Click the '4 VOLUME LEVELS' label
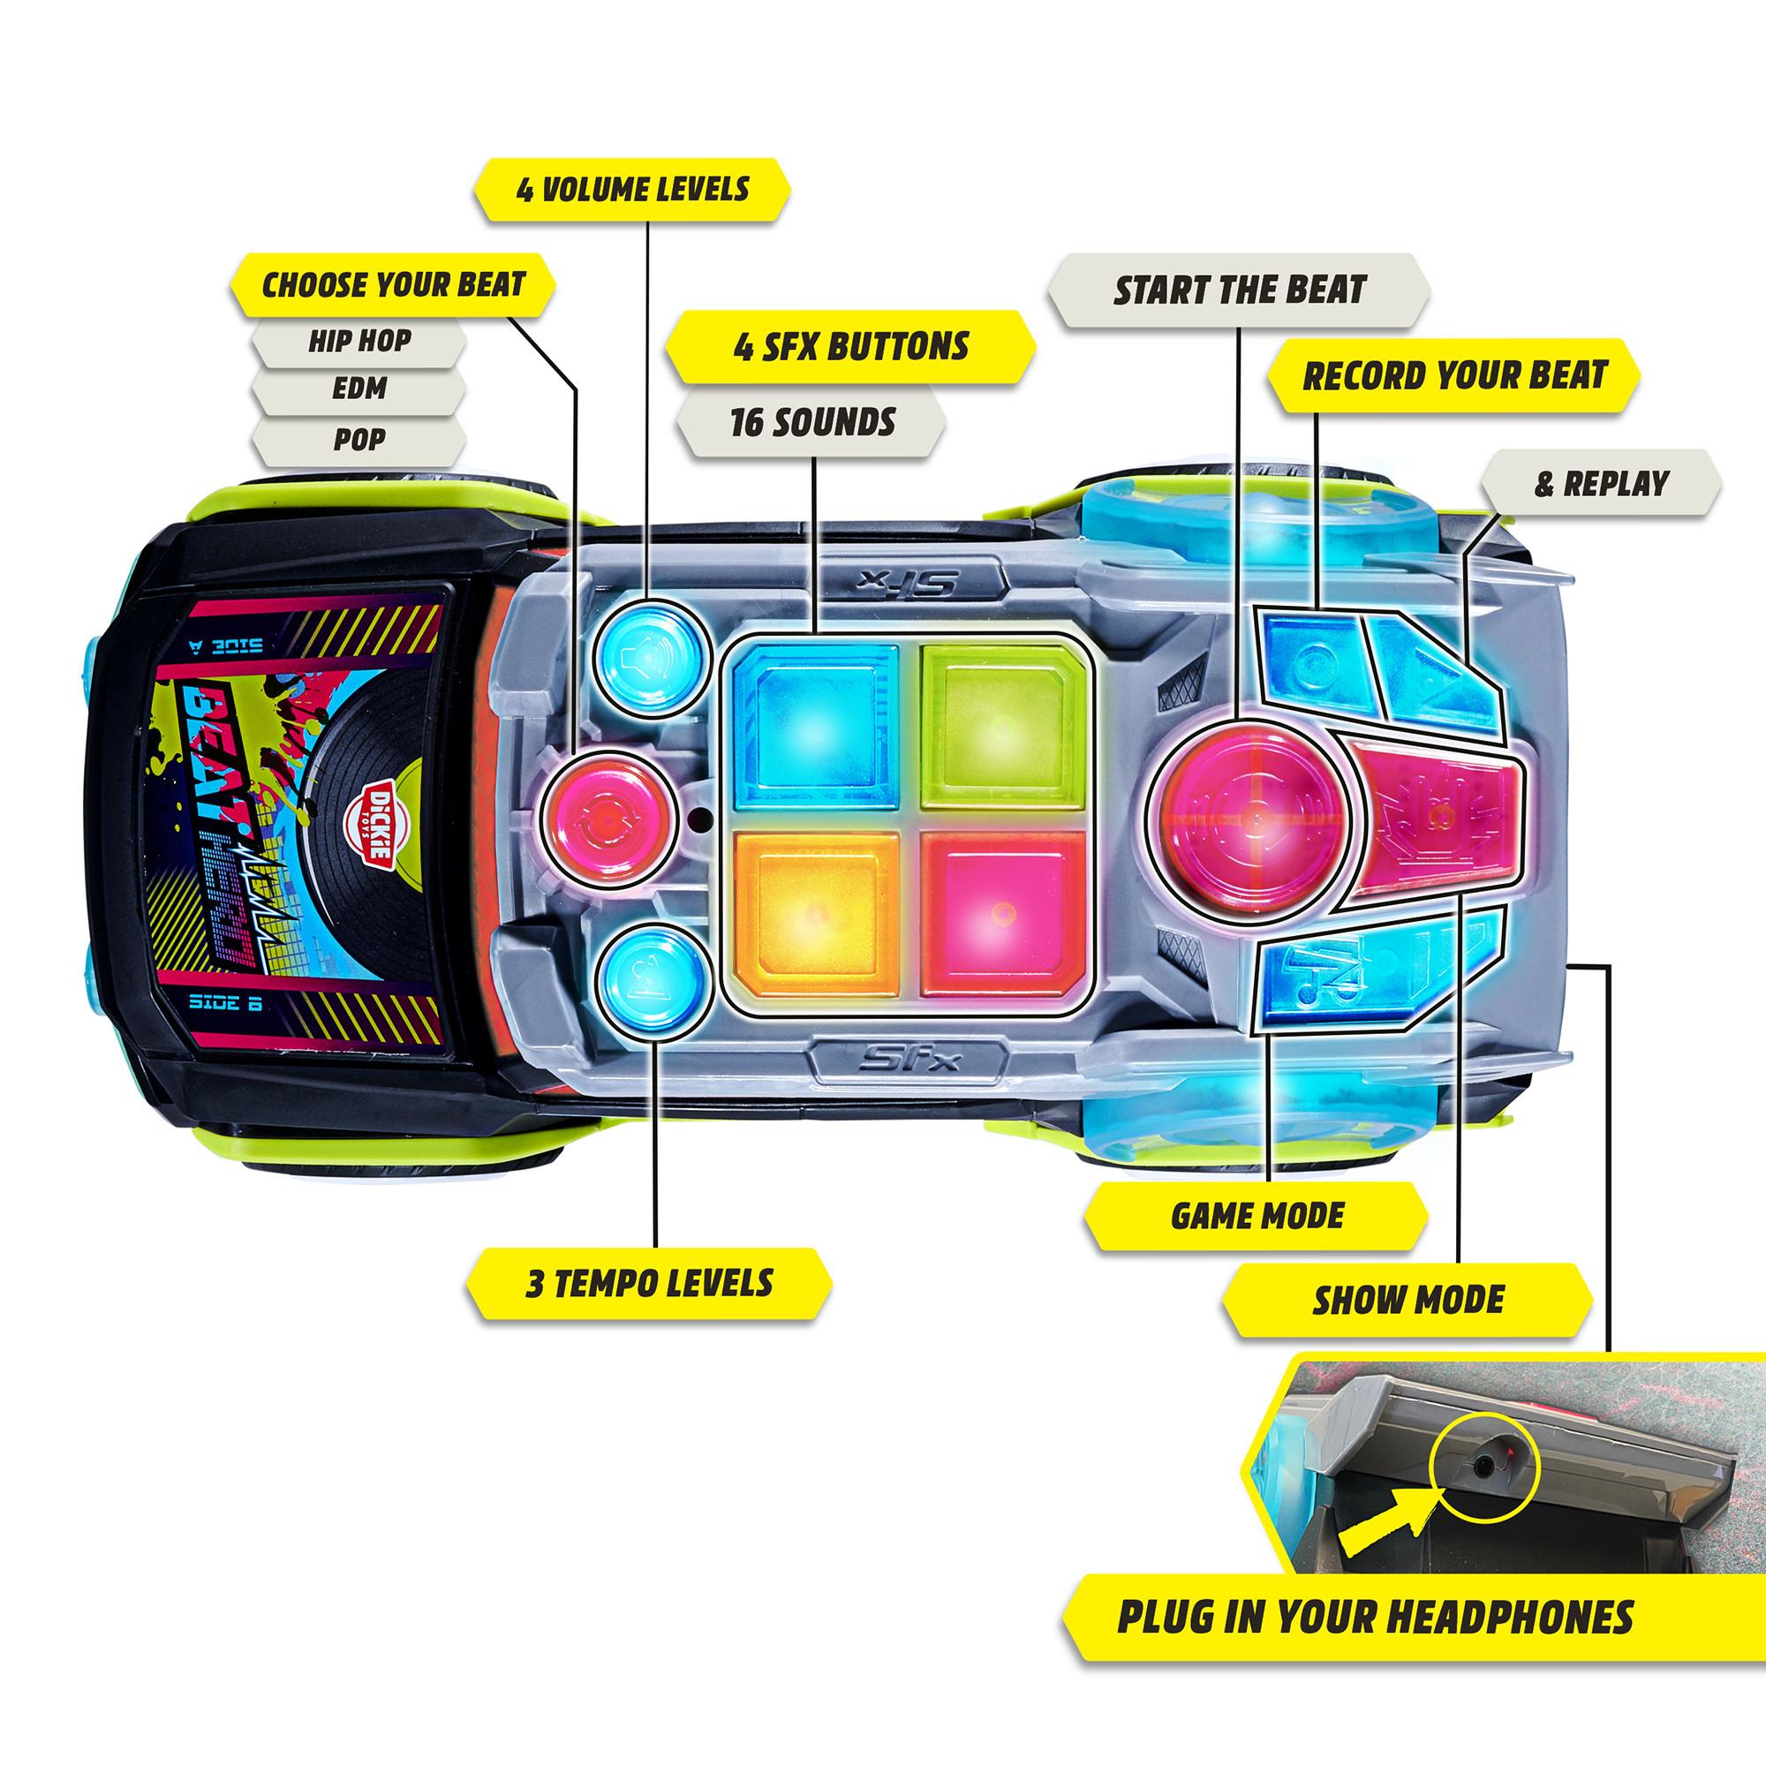coord(631,190)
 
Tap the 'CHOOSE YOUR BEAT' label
coord(394,285)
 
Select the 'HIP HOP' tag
coord(359,341)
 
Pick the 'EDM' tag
coord(359,389)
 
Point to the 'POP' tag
coord(359,440)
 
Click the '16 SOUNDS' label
coord(812,422)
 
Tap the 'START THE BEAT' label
coord(1239,291)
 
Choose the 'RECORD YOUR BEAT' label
coord(1454,375)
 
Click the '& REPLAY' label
coord(1602,484)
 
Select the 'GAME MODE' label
coord(1257,1217)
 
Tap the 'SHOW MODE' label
coord(1408,1300)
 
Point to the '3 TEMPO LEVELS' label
coord(649,1283)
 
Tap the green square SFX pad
coord(1002,726)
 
